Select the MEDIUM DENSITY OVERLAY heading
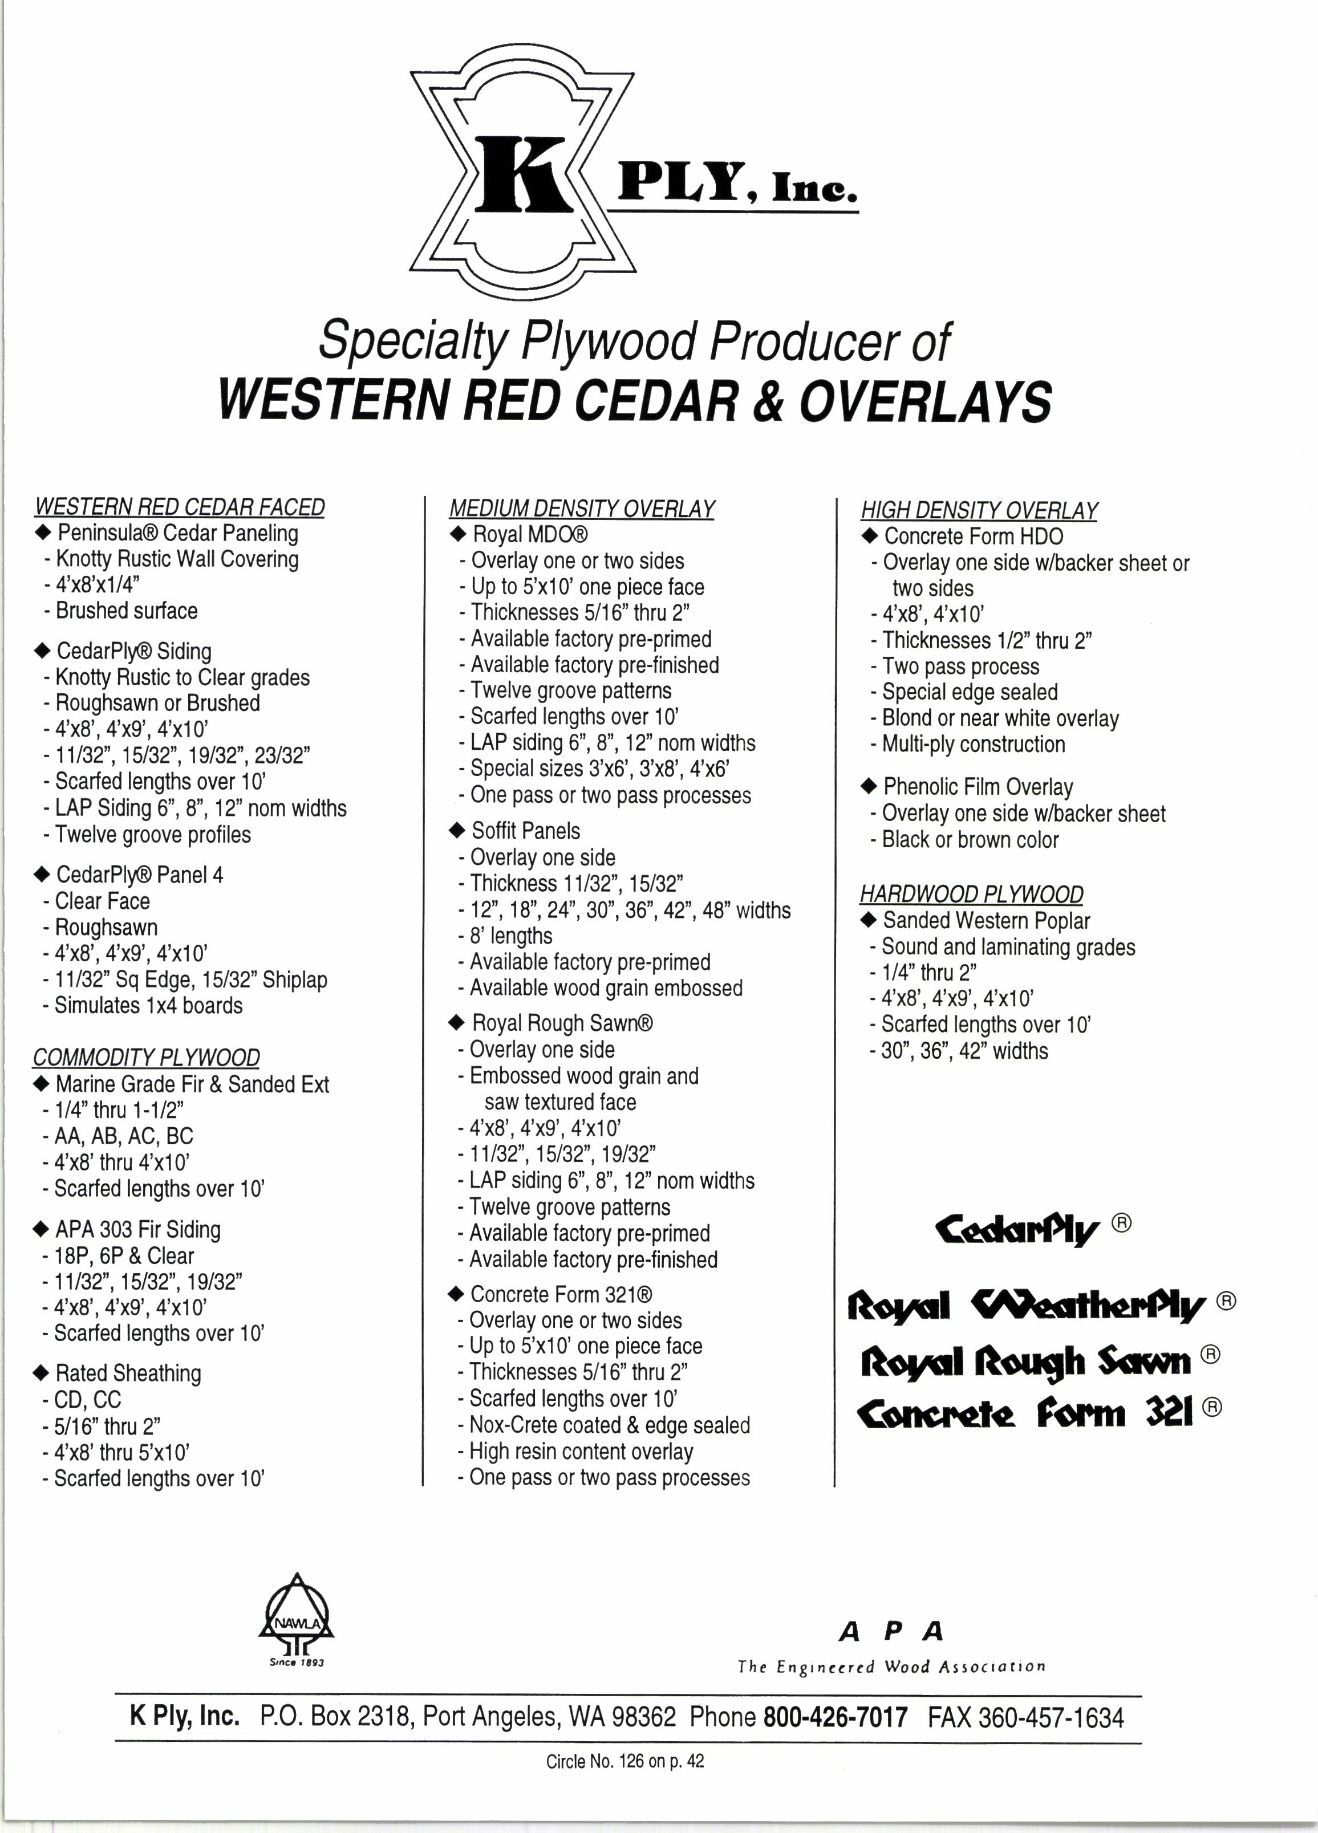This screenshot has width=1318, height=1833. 581,509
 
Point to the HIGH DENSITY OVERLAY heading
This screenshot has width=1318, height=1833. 979,511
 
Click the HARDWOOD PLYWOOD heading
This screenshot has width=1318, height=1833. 971,895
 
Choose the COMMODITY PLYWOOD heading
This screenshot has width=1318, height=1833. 147,1058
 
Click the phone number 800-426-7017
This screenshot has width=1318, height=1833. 836,1717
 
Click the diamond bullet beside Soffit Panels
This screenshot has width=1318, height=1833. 457,831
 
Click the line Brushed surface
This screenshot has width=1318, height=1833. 126,611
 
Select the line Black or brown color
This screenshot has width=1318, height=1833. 970,840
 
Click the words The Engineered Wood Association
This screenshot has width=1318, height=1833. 891,1667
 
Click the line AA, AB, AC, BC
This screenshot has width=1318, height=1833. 123,1136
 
